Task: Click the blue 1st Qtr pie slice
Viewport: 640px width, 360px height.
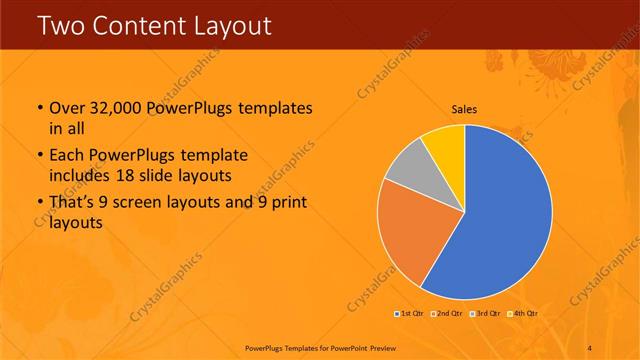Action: pos(500,220)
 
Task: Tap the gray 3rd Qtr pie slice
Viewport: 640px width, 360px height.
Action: pos(408,171)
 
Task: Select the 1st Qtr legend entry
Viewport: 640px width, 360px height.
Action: pos(409,314)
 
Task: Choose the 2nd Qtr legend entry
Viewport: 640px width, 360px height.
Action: pos(448,314)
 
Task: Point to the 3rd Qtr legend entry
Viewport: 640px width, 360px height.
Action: pos(487,314)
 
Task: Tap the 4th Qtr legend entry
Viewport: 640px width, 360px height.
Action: pos(525,314)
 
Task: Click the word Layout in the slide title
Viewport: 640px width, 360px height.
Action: pos(228,25)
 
